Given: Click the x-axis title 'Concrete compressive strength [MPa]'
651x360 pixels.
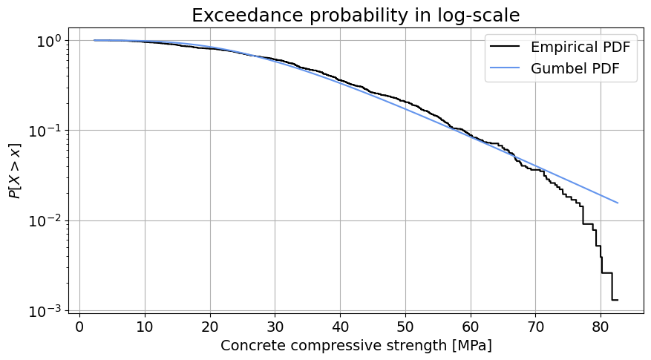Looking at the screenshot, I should (x=356, y=346).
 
